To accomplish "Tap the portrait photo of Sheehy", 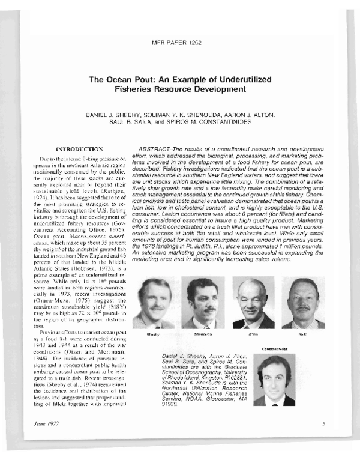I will (x=152, y=303).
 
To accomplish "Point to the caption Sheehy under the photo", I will (x=152, y=333).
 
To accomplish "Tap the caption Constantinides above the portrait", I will (x=275, y=348).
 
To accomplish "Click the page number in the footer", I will (x=323, y=424).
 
